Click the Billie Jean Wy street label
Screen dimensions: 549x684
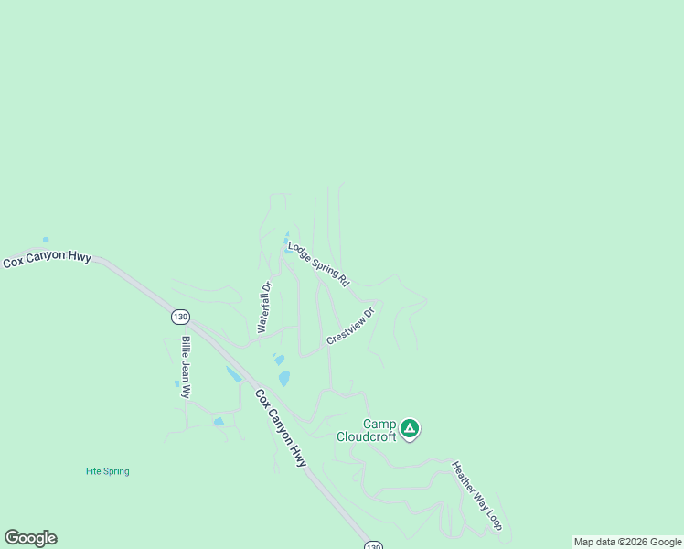pos(186,367)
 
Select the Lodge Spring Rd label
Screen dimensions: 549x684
pos(319,264)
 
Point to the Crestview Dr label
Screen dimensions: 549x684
pos(351,327)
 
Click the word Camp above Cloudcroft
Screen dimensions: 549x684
pos(379,424)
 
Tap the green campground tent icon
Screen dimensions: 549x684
pos(411,427)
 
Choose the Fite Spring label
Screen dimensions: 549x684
pos(108,472)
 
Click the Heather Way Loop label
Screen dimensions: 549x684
pos(477,495)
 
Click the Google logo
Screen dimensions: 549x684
pos(30,538)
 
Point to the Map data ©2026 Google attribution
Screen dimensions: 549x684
pos(628,542)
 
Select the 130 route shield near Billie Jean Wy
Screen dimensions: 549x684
pos(180,317)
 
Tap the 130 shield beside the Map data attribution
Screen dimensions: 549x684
pos(372,545)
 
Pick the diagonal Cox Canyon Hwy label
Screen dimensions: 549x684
pos(281,429)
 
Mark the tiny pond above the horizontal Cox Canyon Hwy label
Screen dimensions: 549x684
pos(45,240)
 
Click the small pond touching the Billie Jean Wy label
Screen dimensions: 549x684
pos(177,383)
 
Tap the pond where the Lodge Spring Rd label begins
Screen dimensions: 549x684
pos(287,248)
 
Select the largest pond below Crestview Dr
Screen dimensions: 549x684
pos(284,378)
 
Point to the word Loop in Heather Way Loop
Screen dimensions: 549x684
pos(493,518)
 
